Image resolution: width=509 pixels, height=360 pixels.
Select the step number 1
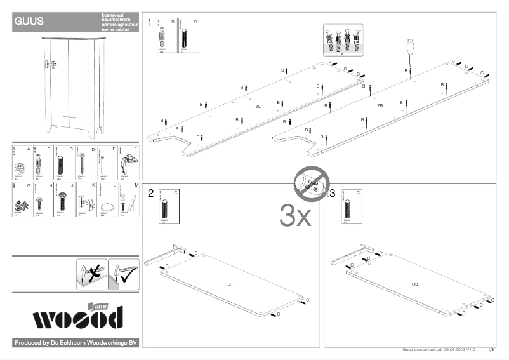click(x=150, y=23)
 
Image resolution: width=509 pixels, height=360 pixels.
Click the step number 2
click(x=150, y=193)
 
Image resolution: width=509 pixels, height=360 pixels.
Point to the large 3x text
click(x=295, y=217)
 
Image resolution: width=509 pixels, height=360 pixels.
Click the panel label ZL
click(x=258, y=107)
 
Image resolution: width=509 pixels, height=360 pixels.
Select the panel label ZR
click(x=380, y=105)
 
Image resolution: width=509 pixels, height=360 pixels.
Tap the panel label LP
click(x=230, y=284)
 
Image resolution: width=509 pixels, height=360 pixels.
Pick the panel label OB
click(x=414, y=283)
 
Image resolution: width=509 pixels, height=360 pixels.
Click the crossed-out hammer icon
click(x=91, y=274)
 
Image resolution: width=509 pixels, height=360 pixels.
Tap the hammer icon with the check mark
click(x=123, y=274)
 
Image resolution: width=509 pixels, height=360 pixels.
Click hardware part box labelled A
click(x=22, y=163)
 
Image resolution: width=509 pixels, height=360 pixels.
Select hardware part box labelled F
click(x=129, y=163)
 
